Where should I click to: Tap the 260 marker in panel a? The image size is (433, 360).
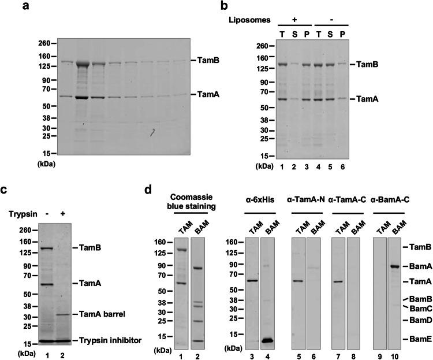point(43,43)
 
